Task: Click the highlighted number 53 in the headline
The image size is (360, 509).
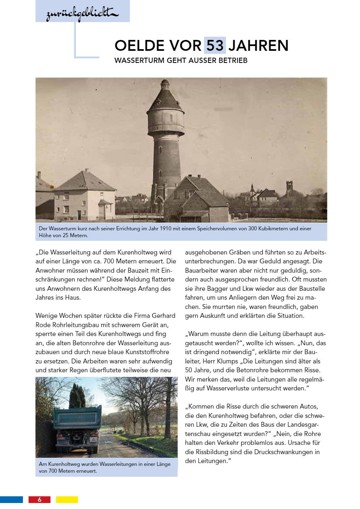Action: tap(215, 46)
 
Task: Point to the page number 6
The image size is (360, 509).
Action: tap(40, 499)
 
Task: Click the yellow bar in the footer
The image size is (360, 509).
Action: tap(67, 499)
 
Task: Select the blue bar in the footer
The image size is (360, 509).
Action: tap(11, 499)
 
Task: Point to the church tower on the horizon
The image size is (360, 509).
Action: tap(289, 188)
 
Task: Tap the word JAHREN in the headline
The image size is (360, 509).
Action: tap(258, 46)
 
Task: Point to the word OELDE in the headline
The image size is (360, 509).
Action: tap(135, 46)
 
